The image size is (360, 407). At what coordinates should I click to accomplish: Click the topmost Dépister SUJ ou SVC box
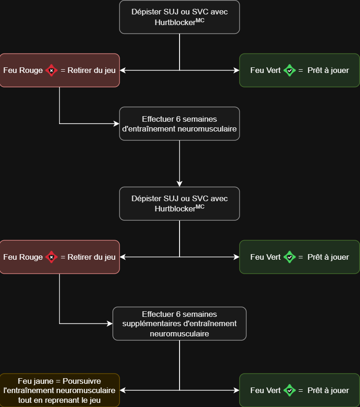[180, 17]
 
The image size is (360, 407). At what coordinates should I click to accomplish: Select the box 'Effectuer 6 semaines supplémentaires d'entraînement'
[180, 323]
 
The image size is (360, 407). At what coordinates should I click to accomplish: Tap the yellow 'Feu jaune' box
[60, 390]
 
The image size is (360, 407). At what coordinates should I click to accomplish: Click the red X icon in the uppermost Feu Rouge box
[51, 71]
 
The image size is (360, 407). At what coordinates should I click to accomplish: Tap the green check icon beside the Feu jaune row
[289, 391]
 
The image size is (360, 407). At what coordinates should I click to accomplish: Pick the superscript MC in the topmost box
[200, 20]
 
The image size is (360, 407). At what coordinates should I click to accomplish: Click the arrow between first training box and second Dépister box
[180, 163]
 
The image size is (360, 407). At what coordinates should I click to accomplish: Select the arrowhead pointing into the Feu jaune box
[123, 391]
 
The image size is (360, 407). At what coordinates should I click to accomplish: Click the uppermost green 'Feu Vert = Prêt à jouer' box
[300, 70]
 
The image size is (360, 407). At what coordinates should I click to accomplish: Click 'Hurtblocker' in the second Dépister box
[175, 209]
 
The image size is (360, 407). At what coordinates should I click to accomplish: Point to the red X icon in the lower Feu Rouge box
[51, 257]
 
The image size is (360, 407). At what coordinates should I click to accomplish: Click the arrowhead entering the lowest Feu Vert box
[236, 391]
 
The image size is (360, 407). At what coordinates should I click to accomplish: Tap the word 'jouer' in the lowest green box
[339, 391]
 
